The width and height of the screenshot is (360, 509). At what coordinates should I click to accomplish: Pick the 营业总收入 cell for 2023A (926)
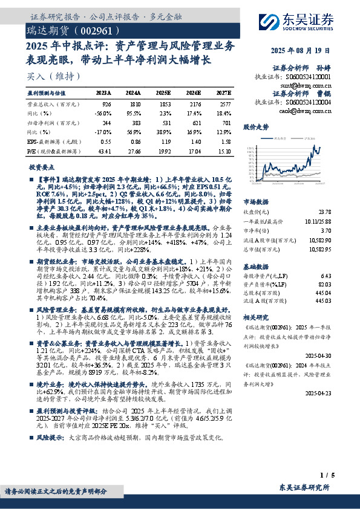coord(106,105)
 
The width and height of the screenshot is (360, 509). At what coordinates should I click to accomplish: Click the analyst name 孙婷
coord(323,68)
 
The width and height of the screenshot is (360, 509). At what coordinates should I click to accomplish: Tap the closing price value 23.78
coord(324,212)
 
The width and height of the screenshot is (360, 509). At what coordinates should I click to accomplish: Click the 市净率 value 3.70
coord(326,230)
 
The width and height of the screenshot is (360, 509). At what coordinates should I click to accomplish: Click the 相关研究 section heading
coord(255,316)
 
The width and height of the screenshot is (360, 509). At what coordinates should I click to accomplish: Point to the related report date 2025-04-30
coord(319,357)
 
